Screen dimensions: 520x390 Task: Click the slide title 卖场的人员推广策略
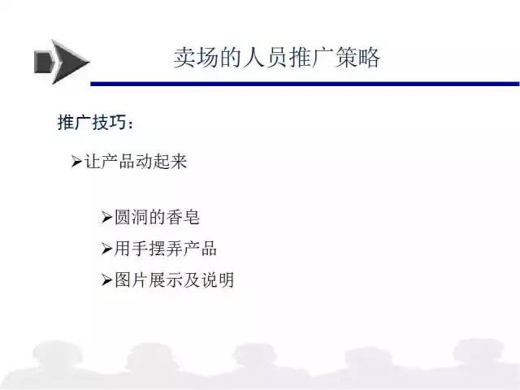(276, 58)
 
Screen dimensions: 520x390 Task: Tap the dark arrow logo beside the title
(62, 62)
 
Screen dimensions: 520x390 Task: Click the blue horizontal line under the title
(305, 84)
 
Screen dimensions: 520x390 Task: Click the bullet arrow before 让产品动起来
(76, 162)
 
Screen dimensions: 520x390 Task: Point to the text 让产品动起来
(136, 162)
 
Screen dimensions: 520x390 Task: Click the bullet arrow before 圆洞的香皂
(106, 218)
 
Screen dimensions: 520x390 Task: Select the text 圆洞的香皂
(157, 218)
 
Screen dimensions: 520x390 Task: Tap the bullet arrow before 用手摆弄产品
(106, 249)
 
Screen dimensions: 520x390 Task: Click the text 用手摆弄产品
(166, 249)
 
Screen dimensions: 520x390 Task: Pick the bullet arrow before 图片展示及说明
(106, 279)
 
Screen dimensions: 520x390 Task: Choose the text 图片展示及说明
(175, 279)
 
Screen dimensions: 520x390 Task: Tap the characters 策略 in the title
(357, 58)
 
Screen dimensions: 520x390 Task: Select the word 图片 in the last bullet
(132, 279)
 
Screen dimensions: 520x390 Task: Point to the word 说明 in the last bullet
(218, 279)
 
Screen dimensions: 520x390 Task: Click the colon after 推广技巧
(130, 124)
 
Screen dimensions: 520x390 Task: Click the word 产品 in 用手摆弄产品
(200, 249)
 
